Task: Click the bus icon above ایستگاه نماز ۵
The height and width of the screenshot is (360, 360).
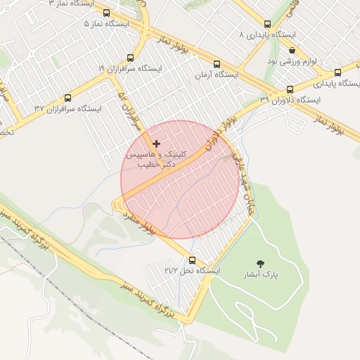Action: coord(106,13)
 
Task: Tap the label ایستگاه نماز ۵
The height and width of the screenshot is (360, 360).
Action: coord(106,23)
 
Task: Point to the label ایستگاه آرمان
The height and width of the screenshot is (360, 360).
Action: coord(217,74)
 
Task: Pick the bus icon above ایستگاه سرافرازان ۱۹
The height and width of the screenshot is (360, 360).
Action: coord(130,58)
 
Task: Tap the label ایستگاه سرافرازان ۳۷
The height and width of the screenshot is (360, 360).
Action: coord(67,108)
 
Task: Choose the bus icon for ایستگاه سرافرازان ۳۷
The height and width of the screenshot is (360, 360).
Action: coord(67,98)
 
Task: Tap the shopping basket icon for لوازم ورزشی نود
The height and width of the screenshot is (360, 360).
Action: coord(292,50)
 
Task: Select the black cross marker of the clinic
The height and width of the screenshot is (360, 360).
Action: coord(156,143)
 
